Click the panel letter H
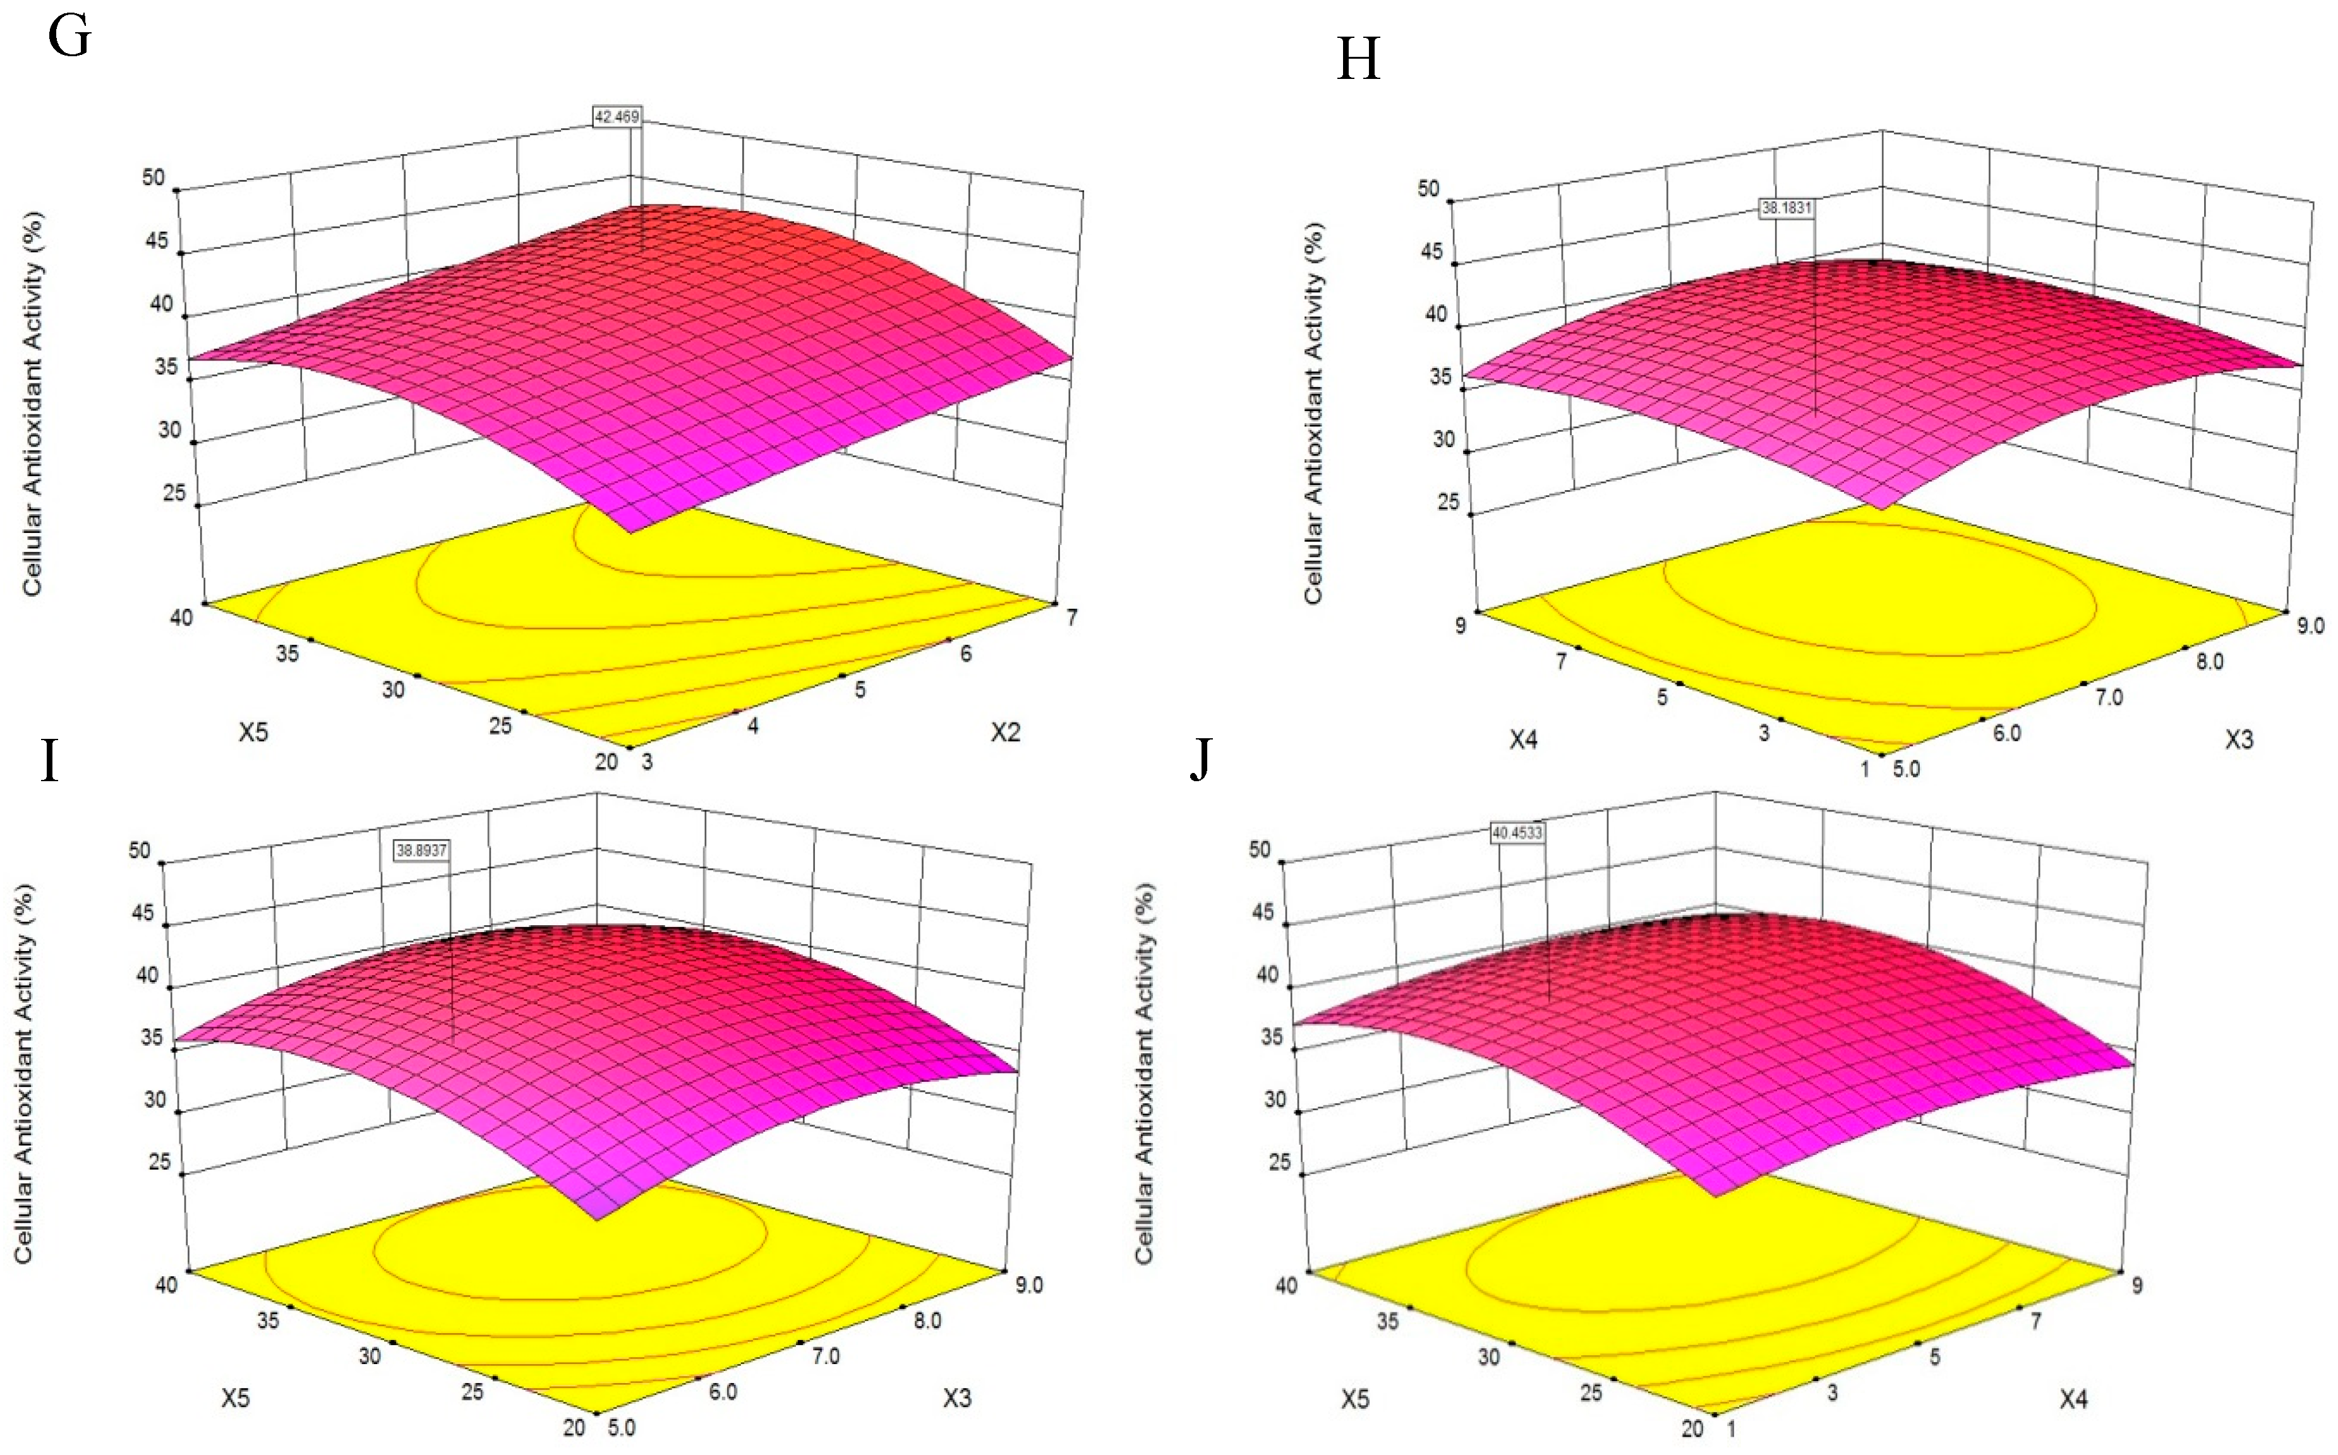(1358, 59)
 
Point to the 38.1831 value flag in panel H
(1787, 207)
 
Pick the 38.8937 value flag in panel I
(421, 850)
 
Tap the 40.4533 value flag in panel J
(1517, 832)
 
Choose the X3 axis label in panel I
(957, 1398)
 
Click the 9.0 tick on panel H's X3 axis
(2309, 625)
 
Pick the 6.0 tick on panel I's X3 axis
(723, 1391)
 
